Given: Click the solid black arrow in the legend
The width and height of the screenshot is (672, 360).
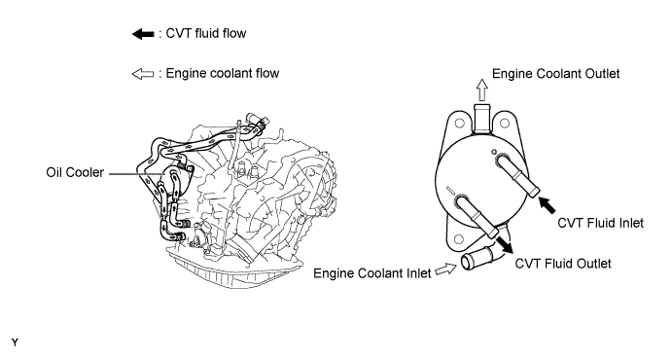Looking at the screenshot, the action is (x=143, y=34).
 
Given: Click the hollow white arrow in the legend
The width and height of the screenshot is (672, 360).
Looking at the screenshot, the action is (x=143, y=74).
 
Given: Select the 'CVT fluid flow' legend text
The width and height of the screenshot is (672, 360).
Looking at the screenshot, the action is (x=206, y=33).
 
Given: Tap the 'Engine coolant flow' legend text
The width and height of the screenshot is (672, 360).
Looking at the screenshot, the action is (x=223, y=73).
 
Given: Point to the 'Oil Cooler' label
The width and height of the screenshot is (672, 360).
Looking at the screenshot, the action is (x=75, y=172).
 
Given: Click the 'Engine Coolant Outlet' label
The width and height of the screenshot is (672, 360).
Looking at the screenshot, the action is (x=555, y=74).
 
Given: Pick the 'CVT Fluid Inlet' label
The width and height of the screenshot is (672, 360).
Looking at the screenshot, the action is (x=600, y=223).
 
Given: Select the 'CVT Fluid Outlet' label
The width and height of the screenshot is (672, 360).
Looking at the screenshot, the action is (x=563, y=263).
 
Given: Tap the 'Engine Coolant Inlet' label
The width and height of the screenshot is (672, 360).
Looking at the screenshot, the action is (x=372, y=273).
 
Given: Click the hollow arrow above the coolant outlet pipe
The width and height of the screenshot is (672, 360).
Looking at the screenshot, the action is (x=482, y=90).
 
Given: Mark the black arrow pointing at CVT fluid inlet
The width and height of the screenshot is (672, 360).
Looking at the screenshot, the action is (x=547, y=205).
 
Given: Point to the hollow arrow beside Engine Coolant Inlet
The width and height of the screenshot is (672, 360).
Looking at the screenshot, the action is (x=445, y=270).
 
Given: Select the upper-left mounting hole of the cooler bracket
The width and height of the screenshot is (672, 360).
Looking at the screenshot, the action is (x=460, y=124).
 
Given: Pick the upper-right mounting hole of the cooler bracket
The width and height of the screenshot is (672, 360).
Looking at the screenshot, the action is (x=505, y=124).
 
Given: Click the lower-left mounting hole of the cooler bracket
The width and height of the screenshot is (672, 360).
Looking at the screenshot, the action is (x=459, y=239).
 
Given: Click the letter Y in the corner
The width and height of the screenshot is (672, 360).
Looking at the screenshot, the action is (x=15, y=342).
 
